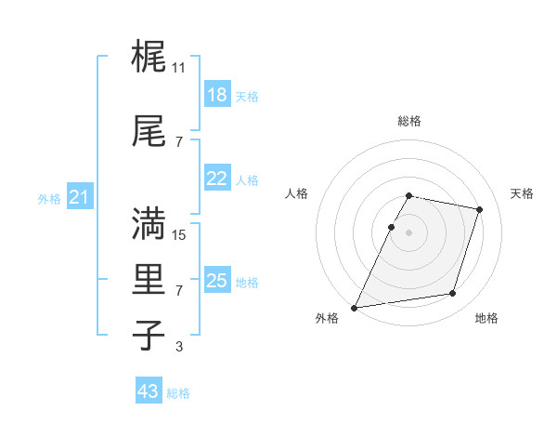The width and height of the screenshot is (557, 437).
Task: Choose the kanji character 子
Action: (x=149, y=336)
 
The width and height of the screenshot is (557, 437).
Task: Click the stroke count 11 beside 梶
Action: (x=179, y=68)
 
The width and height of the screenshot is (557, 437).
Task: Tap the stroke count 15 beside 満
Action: (x=179, y=235)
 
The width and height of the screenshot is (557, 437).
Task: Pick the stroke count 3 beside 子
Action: (x=179, y=347)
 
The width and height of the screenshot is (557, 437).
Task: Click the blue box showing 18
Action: (x=216, y=95)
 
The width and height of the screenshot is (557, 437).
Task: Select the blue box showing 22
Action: (x=216, y=179)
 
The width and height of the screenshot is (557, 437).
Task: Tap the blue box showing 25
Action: (x=216, y=281)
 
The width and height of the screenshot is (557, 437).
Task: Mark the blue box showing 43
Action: (x=149, y=391)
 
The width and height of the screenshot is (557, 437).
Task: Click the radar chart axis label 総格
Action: (x=409, y=121)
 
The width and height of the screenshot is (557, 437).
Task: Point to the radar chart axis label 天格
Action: (x=522, y=193)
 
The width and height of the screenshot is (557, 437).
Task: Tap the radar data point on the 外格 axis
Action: (x=355, y=308)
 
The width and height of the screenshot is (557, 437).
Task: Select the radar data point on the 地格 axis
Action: (x=453, y=294)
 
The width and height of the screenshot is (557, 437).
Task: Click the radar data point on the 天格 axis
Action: (x=480, y=210)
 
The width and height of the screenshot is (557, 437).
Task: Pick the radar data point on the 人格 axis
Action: (x=391, y=227)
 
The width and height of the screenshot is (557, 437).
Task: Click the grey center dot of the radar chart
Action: (x=409, y=232)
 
